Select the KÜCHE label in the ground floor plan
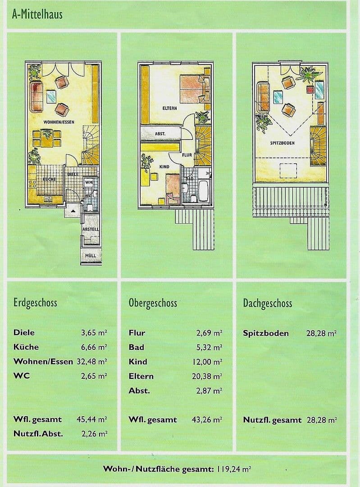pyautogui.click(x=49, y=179)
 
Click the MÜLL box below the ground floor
pyautogui.click(x=91, y=256)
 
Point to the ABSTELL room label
pyautogui.click(x=91, y=229)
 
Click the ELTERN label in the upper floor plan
pyautogui.click(x=169, y=109)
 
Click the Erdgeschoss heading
pyautogui.click(x=35, y=303)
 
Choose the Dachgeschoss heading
pyautogui.click(x=267, y=303)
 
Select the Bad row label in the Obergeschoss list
pyautogui.click(x=136, y=347)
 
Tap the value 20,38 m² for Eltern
pyautogui.click(x=209, y=376)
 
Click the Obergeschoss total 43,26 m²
pyautogui.click(x=209, y=420)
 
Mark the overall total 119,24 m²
pyautogui.click(x=234, y=469)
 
